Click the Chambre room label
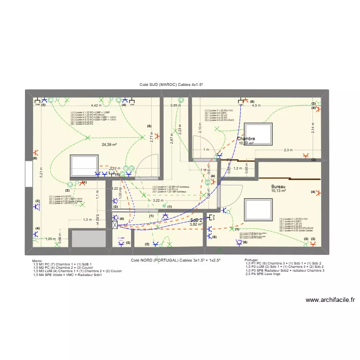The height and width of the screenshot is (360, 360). (x=246, y=139)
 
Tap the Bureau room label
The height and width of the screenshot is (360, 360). (x=278, y=186)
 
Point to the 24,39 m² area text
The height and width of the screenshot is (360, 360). (x=110, y=144)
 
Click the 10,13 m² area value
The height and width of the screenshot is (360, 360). (x=278, y=191)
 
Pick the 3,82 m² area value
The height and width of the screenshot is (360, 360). (x=196, y=224)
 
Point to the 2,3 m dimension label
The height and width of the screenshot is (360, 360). (x=288, y=150)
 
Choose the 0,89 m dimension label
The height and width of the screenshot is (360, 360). (x=176, y=105)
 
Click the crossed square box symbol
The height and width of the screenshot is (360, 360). (x=114, y=224)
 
